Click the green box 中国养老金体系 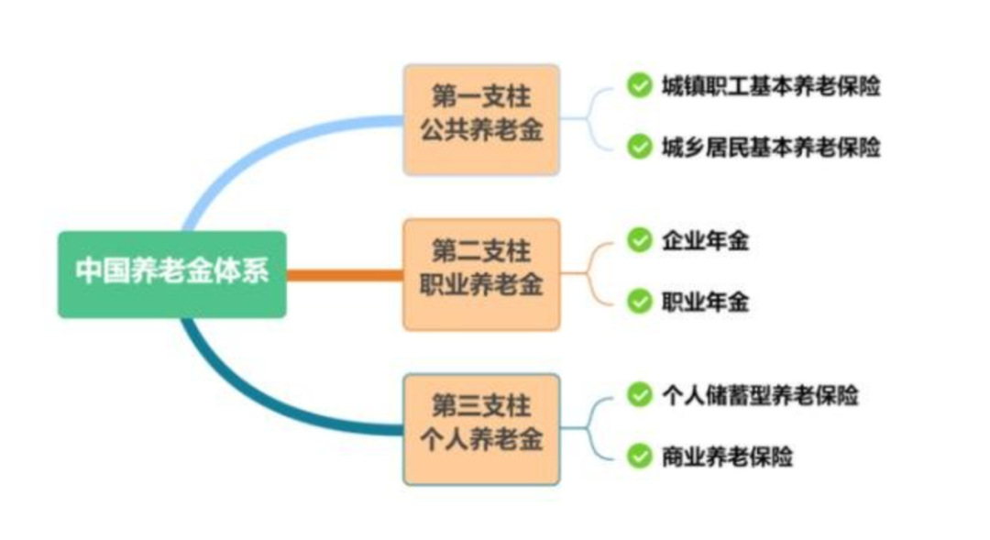coord(172,273)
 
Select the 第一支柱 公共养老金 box coord(481,119)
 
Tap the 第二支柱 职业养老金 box coord(481,273)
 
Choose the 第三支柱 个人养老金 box coord(481,428)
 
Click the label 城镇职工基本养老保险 coord(771,86)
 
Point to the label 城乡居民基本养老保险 coord(771,147)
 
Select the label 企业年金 coord(705,241)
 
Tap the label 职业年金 coord(705,302)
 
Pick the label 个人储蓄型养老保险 coord(760,395)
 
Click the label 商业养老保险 coord(727,456)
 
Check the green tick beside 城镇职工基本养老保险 coord(639,85)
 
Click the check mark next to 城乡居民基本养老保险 coord(639,146)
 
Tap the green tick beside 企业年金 coord(639,240)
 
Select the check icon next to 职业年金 coord(639,301)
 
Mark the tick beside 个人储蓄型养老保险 coord(639,394)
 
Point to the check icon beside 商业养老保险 coord(639,455)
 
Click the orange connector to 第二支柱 coord(344,274)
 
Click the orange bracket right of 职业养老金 coord(591,272)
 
